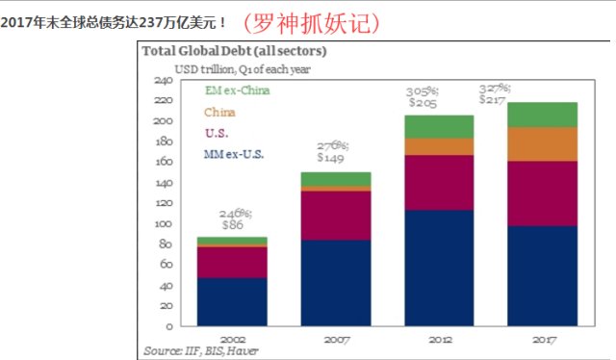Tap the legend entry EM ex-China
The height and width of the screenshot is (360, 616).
(237, 90)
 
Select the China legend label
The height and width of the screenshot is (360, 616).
(220, 112)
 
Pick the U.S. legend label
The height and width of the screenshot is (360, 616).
(216, 132)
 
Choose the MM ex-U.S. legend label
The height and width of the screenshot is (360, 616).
(233, 153)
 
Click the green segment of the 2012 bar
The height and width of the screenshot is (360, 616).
(438, 126)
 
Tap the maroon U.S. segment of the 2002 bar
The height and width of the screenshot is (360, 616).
(231, 262)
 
